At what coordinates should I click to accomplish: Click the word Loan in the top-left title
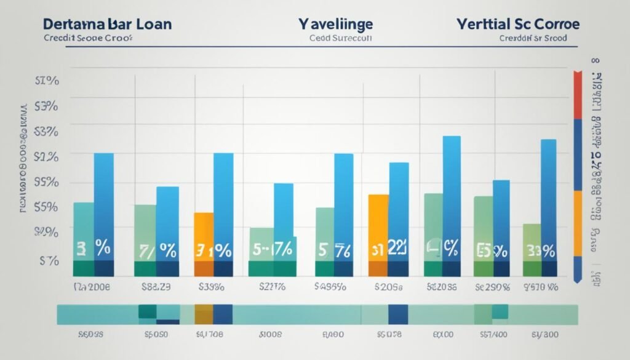tap(147, 25)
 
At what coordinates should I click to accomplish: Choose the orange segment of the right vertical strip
tap(578, 223)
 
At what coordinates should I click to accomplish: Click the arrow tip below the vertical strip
tap(578, 280)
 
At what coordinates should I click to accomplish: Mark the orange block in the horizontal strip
tap(204, 314)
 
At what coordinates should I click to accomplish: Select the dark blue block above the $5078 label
tap(398, 314)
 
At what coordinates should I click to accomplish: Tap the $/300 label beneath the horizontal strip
tap(544, 335)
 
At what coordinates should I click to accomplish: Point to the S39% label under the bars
tap(212, 287)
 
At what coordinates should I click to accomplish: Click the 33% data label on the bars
tap(540, 250)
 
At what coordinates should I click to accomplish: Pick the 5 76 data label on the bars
tap(334, 250)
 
